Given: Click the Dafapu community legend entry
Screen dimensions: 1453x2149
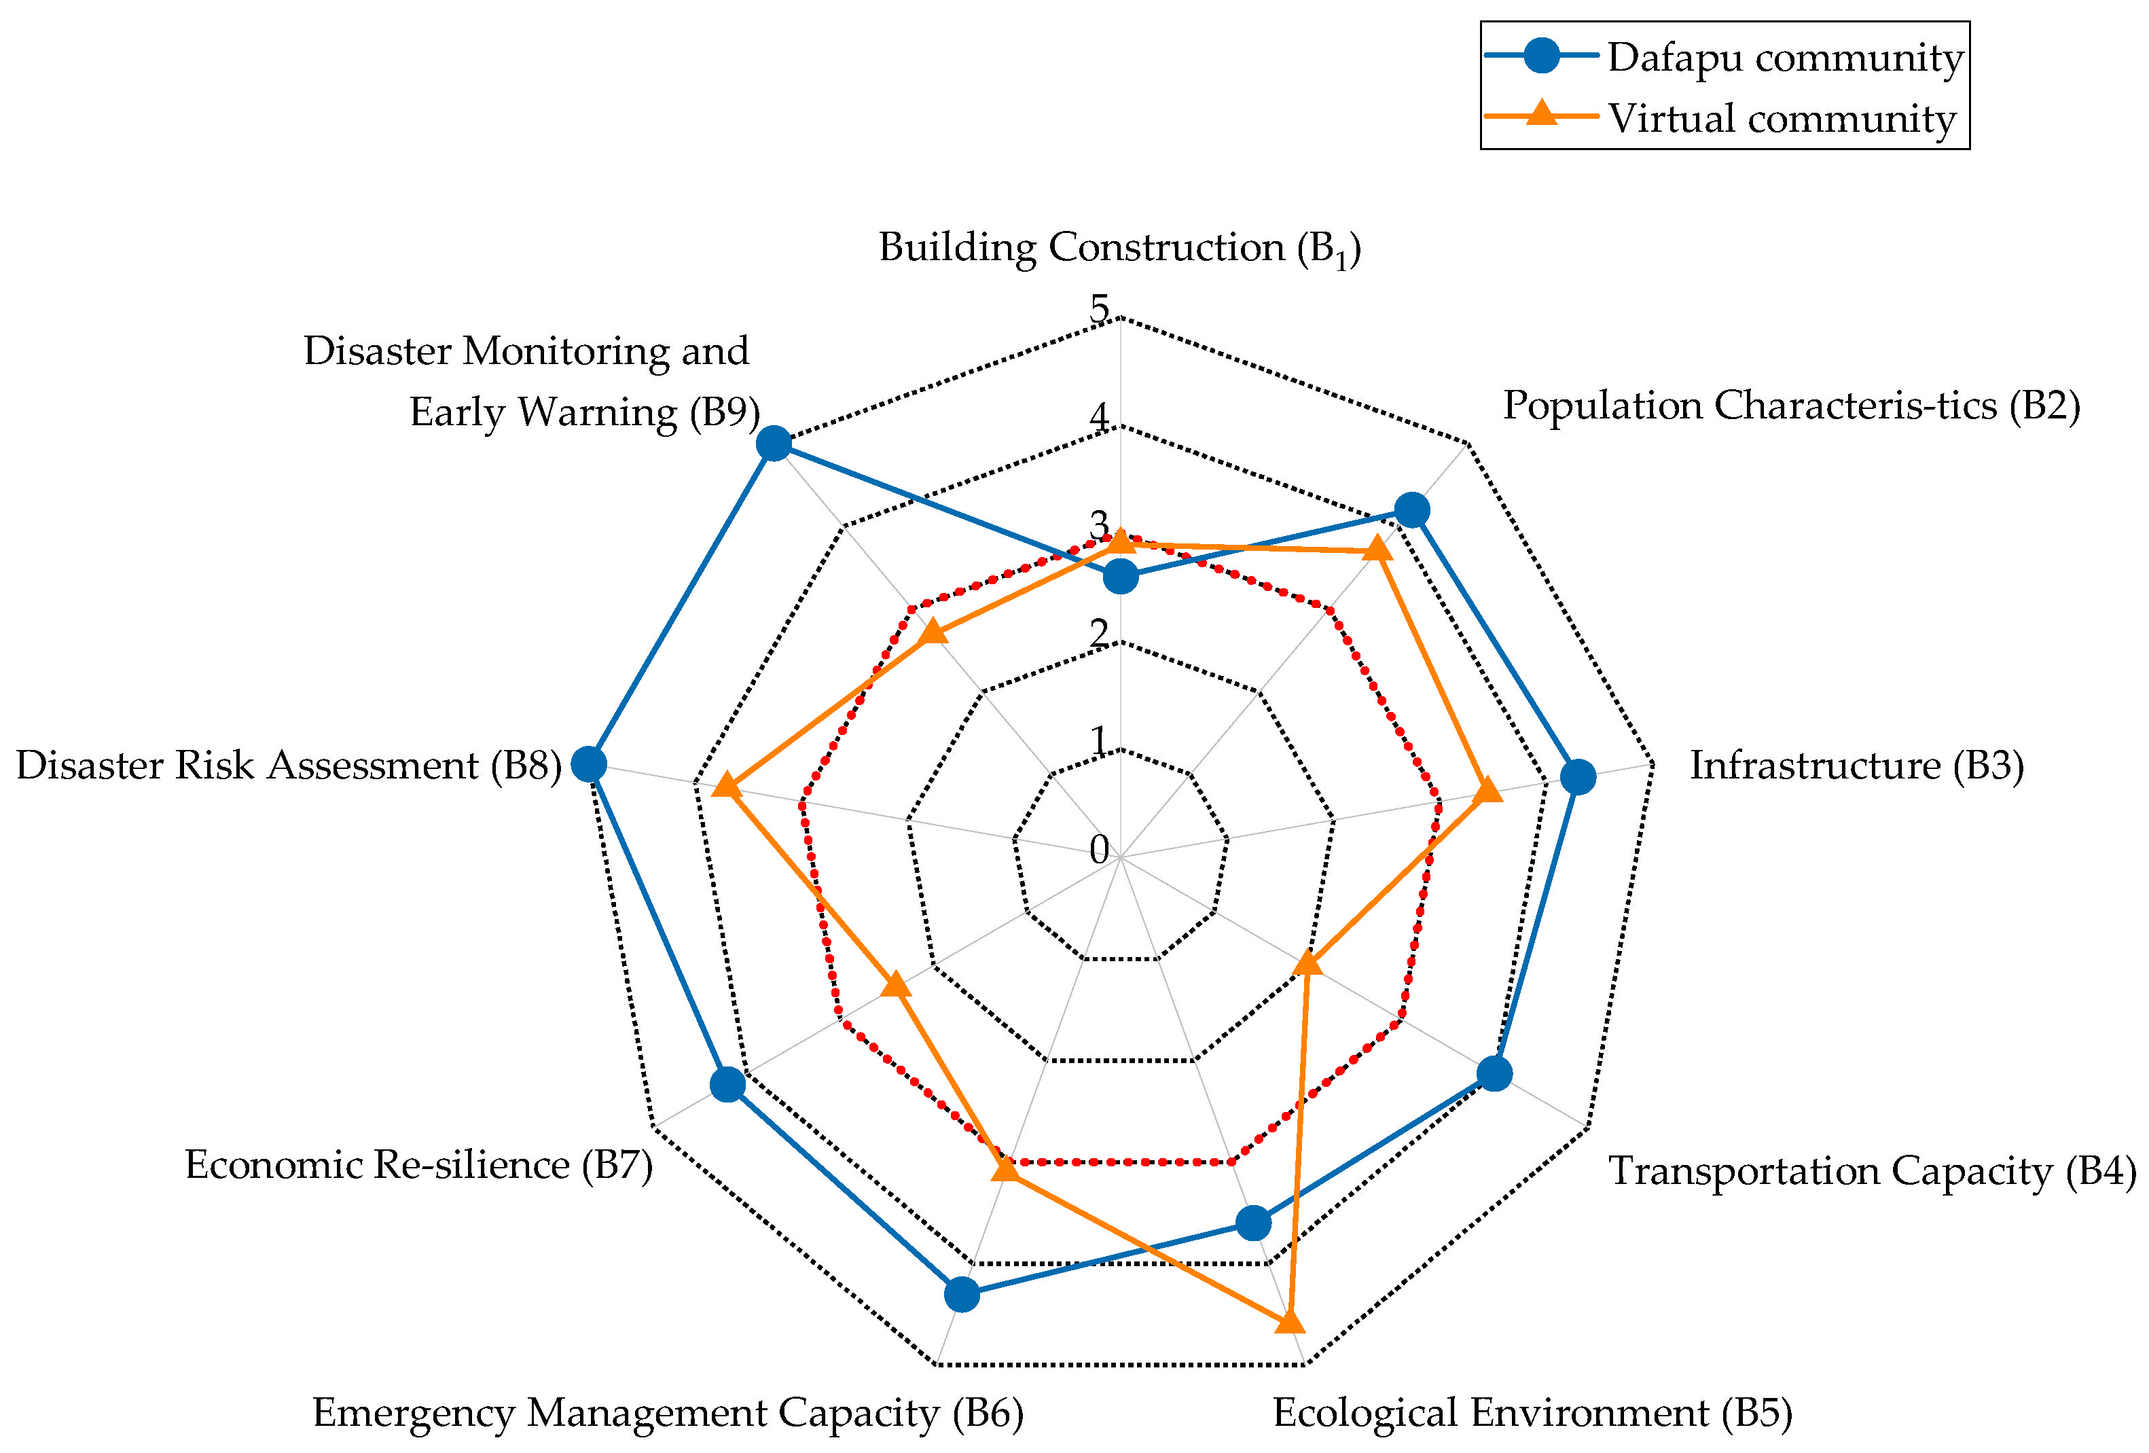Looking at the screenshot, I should coord(1725,56).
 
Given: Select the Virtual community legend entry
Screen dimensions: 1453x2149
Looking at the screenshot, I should coord(1725,118).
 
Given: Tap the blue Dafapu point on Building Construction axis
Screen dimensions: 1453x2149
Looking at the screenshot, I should coord(1120,578).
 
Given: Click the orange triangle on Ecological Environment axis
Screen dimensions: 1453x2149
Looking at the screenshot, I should coord(1289,1322).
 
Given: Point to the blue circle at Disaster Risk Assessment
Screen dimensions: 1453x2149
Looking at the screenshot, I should coord(588,764).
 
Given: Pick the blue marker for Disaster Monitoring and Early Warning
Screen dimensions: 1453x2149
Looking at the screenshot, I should coord(773,444).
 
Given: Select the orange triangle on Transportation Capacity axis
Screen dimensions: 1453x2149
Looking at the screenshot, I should coord(1307,965).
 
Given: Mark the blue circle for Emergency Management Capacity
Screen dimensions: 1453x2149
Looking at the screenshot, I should coord(962,1294).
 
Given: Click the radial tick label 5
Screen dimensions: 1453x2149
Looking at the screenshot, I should coord(1098,308).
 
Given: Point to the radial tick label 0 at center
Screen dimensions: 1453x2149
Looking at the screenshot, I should coord(1098,849).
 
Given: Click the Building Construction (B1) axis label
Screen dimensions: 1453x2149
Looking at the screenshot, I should coord(1119,248).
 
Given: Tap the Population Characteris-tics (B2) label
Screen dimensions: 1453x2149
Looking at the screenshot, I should coord(1791,405).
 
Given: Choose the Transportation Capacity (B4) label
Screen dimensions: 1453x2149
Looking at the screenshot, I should coord(1873,1171).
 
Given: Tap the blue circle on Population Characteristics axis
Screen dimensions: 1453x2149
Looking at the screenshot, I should coord(1411,509).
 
